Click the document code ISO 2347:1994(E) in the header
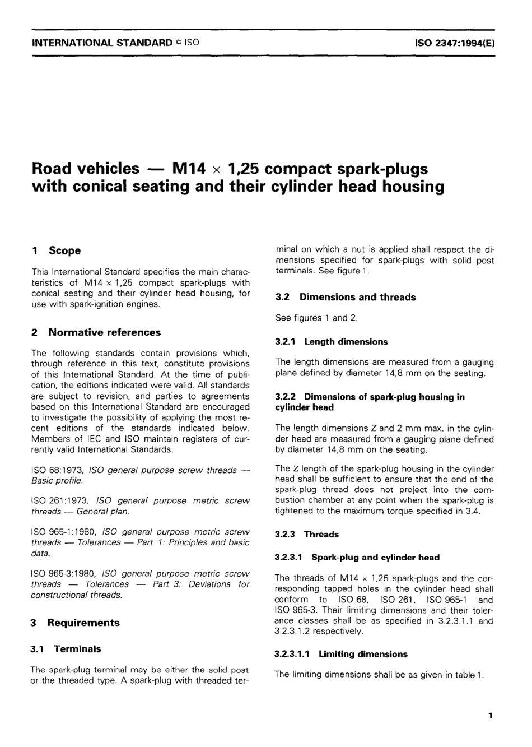click(x=454, y=43)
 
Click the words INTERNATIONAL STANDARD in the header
click(x=102, y=43)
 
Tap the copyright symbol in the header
click(x=178, y=43)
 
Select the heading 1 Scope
click(x=56, y=250)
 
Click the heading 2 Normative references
click(x=96, y=332)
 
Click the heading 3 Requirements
click(x=75, y=623)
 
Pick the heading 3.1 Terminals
click(x=66, y=649)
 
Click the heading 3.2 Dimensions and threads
click(x=346, y=297)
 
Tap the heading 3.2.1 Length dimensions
click(x=331, y=342)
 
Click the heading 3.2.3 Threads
click(x=307, y=535)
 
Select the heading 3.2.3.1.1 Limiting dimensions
click(x=341, y=654)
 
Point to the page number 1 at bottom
click(x=490, y=716)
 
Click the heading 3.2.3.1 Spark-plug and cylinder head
click(x=357, y=558)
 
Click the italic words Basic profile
click(x=57, y=481)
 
